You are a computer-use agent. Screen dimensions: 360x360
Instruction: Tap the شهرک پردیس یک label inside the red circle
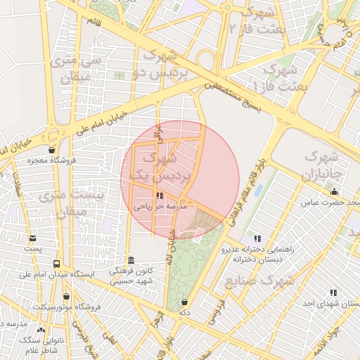(161, 166)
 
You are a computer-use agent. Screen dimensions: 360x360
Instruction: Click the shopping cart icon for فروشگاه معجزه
(51, 150)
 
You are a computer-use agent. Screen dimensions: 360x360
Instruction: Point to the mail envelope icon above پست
(33, 238)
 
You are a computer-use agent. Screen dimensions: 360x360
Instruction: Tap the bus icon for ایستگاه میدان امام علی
(56, 264)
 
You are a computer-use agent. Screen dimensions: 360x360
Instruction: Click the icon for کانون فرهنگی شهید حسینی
(131, 259)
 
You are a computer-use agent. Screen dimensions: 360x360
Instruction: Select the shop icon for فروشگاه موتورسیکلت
(66, 297)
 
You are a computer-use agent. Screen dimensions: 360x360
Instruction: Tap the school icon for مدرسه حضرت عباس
(333, 192)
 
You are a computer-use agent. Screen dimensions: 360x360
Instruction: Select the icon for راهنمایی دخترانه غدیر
(257, 239)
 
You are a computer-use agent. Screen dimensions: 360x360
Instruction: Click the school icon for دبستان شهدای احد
(333, 292)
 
